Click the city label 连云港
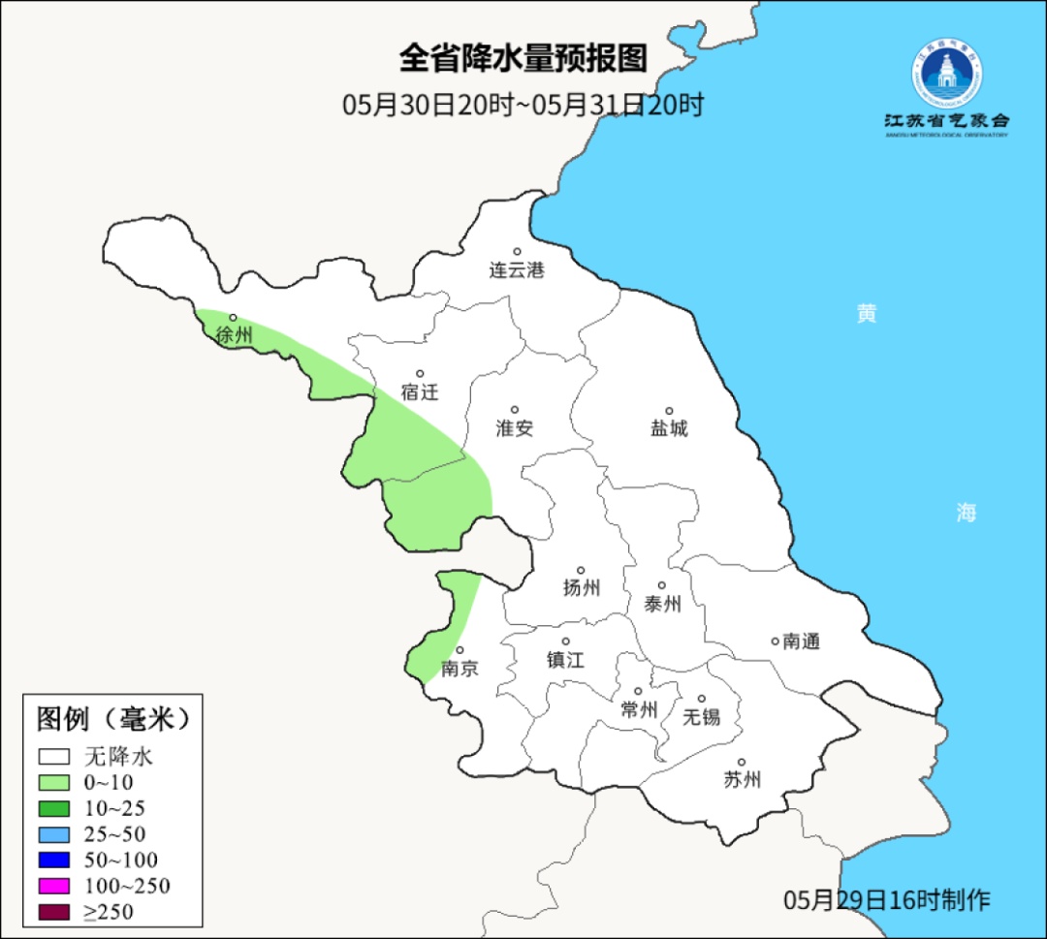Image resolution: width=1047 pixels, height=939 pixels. pyautogui.click(x=517, y=270)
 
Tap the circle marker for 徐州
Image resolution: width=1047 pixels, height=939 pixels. pyautogui.click(x=233, y=317)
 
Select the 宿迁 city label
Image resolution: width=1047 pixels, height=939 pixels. pyautogui.click(x=420, y=392)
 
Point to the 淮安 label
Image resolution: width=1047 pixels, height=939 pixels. pyautogui.click(x=515, y=428)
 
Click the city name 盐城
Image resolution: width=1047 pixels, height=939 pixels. pyautogui.click(x=668, y=428)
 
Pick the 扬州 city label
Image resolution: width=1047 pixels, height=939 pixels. pyautogui.click(x=582, y=588)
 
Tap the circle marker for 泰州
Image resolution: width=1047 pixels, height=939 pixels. pyautogui.click(x=662, y=585)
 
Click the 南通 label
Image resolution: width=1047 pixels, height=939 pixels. pyautogui.click(x=802, y=641)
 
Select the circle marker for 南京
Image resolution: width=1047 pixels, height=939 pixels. pyautogui.click(x=460, y=651)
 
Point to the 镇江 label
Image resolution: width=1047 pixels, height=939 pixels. pyautogui.click(x=565, y=660)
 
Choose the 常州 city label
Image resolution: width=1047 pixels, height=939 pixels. pyautogui.click(x=639, y=710)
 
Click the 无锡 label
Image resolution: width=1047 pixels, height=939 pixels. pyautogui.click(x=702, y=717)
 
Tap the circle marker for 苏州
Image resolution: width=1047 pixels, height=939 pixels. pyautogui.click(x=742, y=763)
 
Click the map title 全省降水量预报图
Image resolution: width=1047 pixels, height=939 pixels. pyautogui.click(x=523, y=58)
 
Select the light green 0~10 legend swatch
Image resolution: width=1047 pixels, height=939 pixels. pyautogui.click(x=54, y=782)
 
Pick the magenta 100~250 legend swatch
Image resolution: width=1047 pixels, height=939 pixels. pyautogui.click(x=54, y=886)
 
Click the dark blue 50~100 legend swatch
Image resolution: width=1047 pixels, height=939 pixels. pyautogui.click(x=54, y=860)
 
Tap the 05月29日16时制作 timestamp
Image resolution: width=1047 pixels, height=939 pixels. pyautogui.click(x=887, y=899)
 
